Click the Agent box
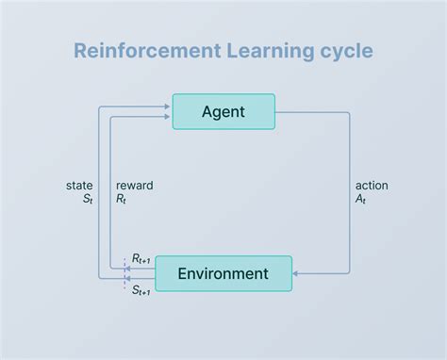click(223, 111)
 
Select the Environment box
click(223, 273)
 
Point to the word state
click(79, 186)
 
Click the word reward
click(134, 186)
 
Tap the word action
click(372, 186)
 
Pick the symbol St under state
click(86, 200)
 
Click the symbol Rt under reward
click(122, 200)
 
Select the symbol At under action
click(361, 200)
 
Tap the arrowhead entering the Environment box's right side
click(297, 273)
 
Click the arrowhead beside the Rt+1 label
click(127, 268)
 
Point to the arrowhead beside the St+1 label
click(127, 279)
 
